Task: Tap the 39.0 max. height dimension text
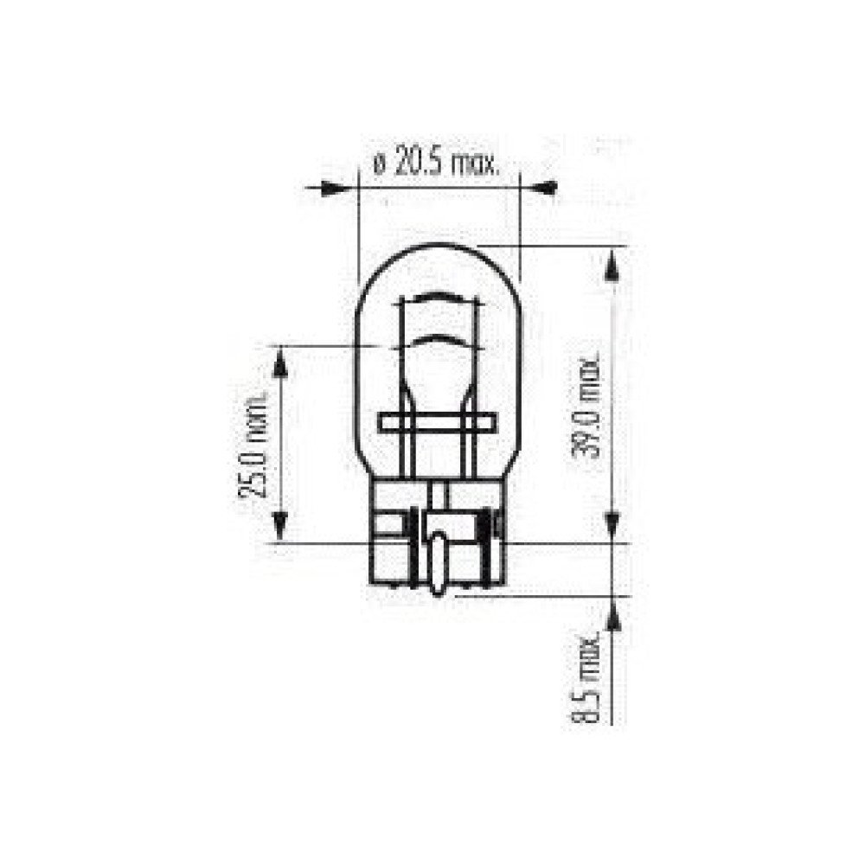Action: pos(592,407)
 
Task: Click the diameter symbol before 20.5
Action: pos(378,164)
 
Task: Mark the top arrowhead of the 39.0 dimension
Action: pos(612,263)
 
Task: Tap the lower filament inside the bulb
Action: pos(439,339)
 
